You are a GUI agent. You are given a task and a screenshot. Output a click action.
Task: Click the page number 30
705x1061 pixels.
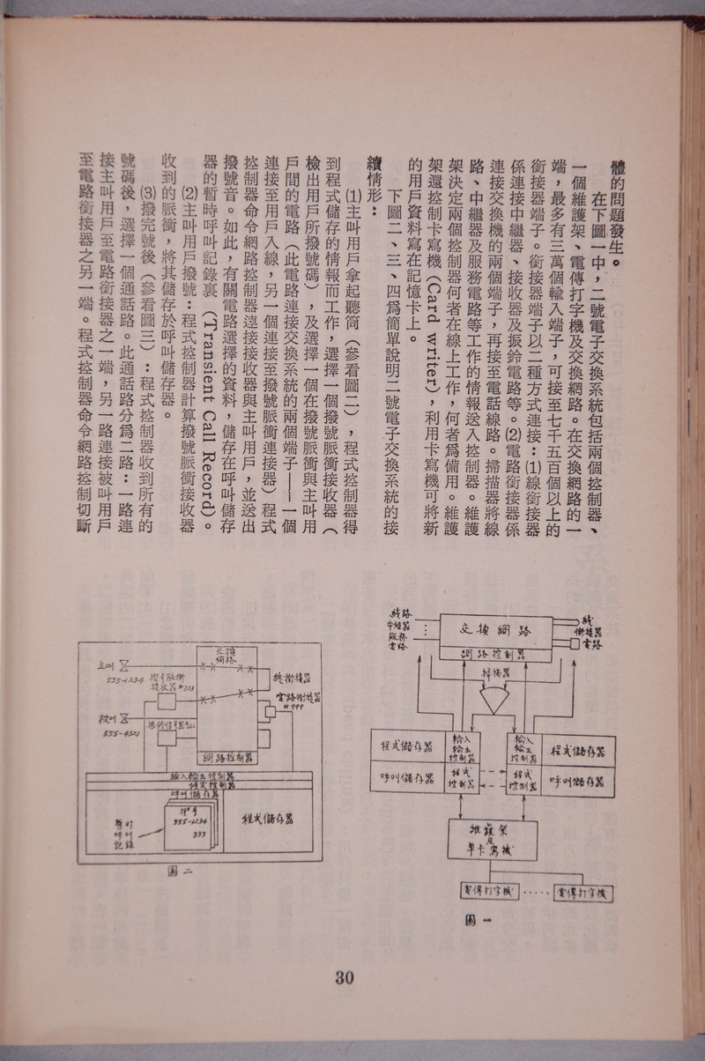click(345, 980)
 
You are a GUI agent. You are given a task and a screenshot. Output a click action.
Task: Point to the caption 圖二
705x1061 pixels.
click(181, 872)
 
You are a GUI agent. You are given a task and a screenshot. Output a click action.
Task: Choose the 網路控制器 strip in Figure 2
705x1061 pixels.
click(228, 756)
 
